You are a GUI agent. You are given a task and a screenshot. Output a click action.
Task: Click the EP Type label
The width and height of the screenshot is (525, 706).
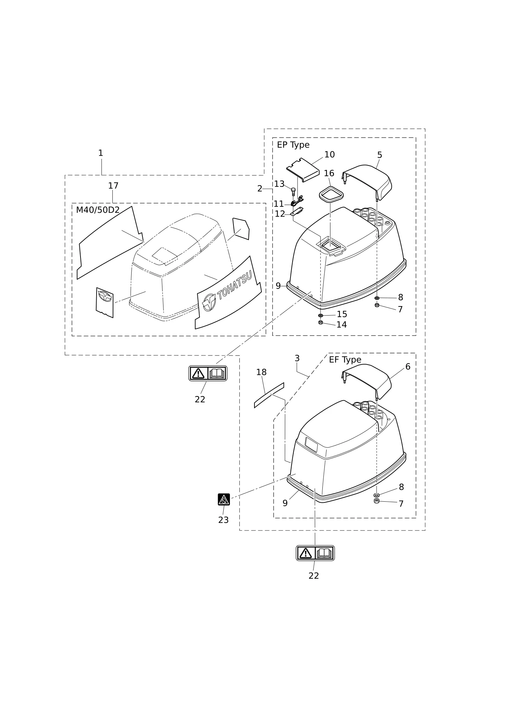(x=293, y=145)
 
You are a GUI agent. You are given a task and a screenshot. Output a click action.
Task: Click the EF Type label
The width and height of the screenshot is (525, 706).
(x=345, y=360)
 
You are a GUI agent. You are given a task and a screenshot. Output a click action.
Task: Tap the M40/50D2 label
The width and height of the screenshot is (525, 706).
(x=98, y=210)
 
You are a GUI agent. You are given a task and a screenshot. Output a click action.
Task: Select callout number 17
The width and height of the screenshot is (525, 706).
(x=113, y=186)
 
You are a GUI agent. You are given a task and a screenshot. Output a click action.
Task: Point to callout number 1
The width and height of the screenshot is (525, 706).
(x=100, y=153)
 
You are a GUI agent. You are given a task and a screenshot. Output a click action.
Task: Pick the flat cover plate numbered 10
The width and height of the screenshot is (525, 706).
(x=303, y=169)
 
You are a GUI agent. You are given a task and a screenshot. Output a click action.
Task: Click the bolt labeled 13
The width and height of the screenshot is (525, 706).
(x=293, y=191)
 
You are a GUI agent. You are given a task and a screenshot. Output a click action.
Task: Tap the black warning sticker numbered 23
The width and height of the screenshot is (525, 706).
(x=224, y=499)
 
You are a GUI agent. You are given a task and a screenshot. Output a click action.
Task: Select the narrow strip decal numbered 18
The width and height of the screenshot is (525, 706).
(x=269, y=395)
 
